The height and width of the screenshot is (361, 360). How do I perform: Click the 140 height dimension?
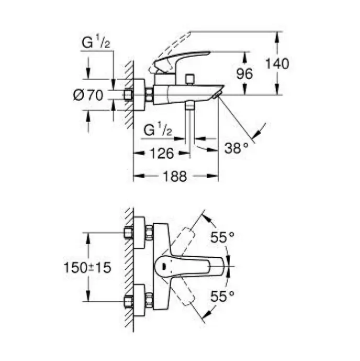277,64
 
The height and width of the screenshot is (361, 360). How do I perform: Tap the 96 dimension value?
244,74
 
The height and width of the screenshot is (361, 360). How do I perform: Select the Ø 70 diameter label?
88,95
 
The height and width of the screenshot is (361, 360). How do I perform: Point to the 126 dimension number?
162,154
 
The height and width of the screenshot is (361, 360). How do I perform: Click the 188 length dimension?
175,177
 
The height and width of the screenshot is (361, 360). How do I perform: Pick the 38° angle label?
237,148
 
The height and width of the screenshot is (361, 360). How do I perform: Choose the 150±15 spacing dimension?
87,268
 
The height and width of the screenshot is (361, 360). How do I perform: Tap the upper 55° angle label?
222,237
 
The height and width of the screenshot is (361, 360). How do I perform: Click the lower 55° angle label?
222,297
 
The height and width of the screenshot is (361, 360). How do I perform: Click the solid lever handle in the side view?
182,60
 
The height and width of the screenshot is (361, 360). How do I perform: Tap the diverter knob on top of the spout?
190,80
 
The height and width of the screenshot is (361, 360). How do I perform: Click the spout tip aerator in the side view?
217,95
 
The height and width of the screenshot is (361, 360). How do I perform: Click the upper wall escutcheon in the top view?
139,233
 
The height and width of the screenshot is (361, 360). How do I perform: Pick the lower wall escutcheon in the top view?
139,301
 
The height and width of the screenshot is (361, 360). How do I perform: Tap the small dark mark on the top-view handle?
164,267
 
